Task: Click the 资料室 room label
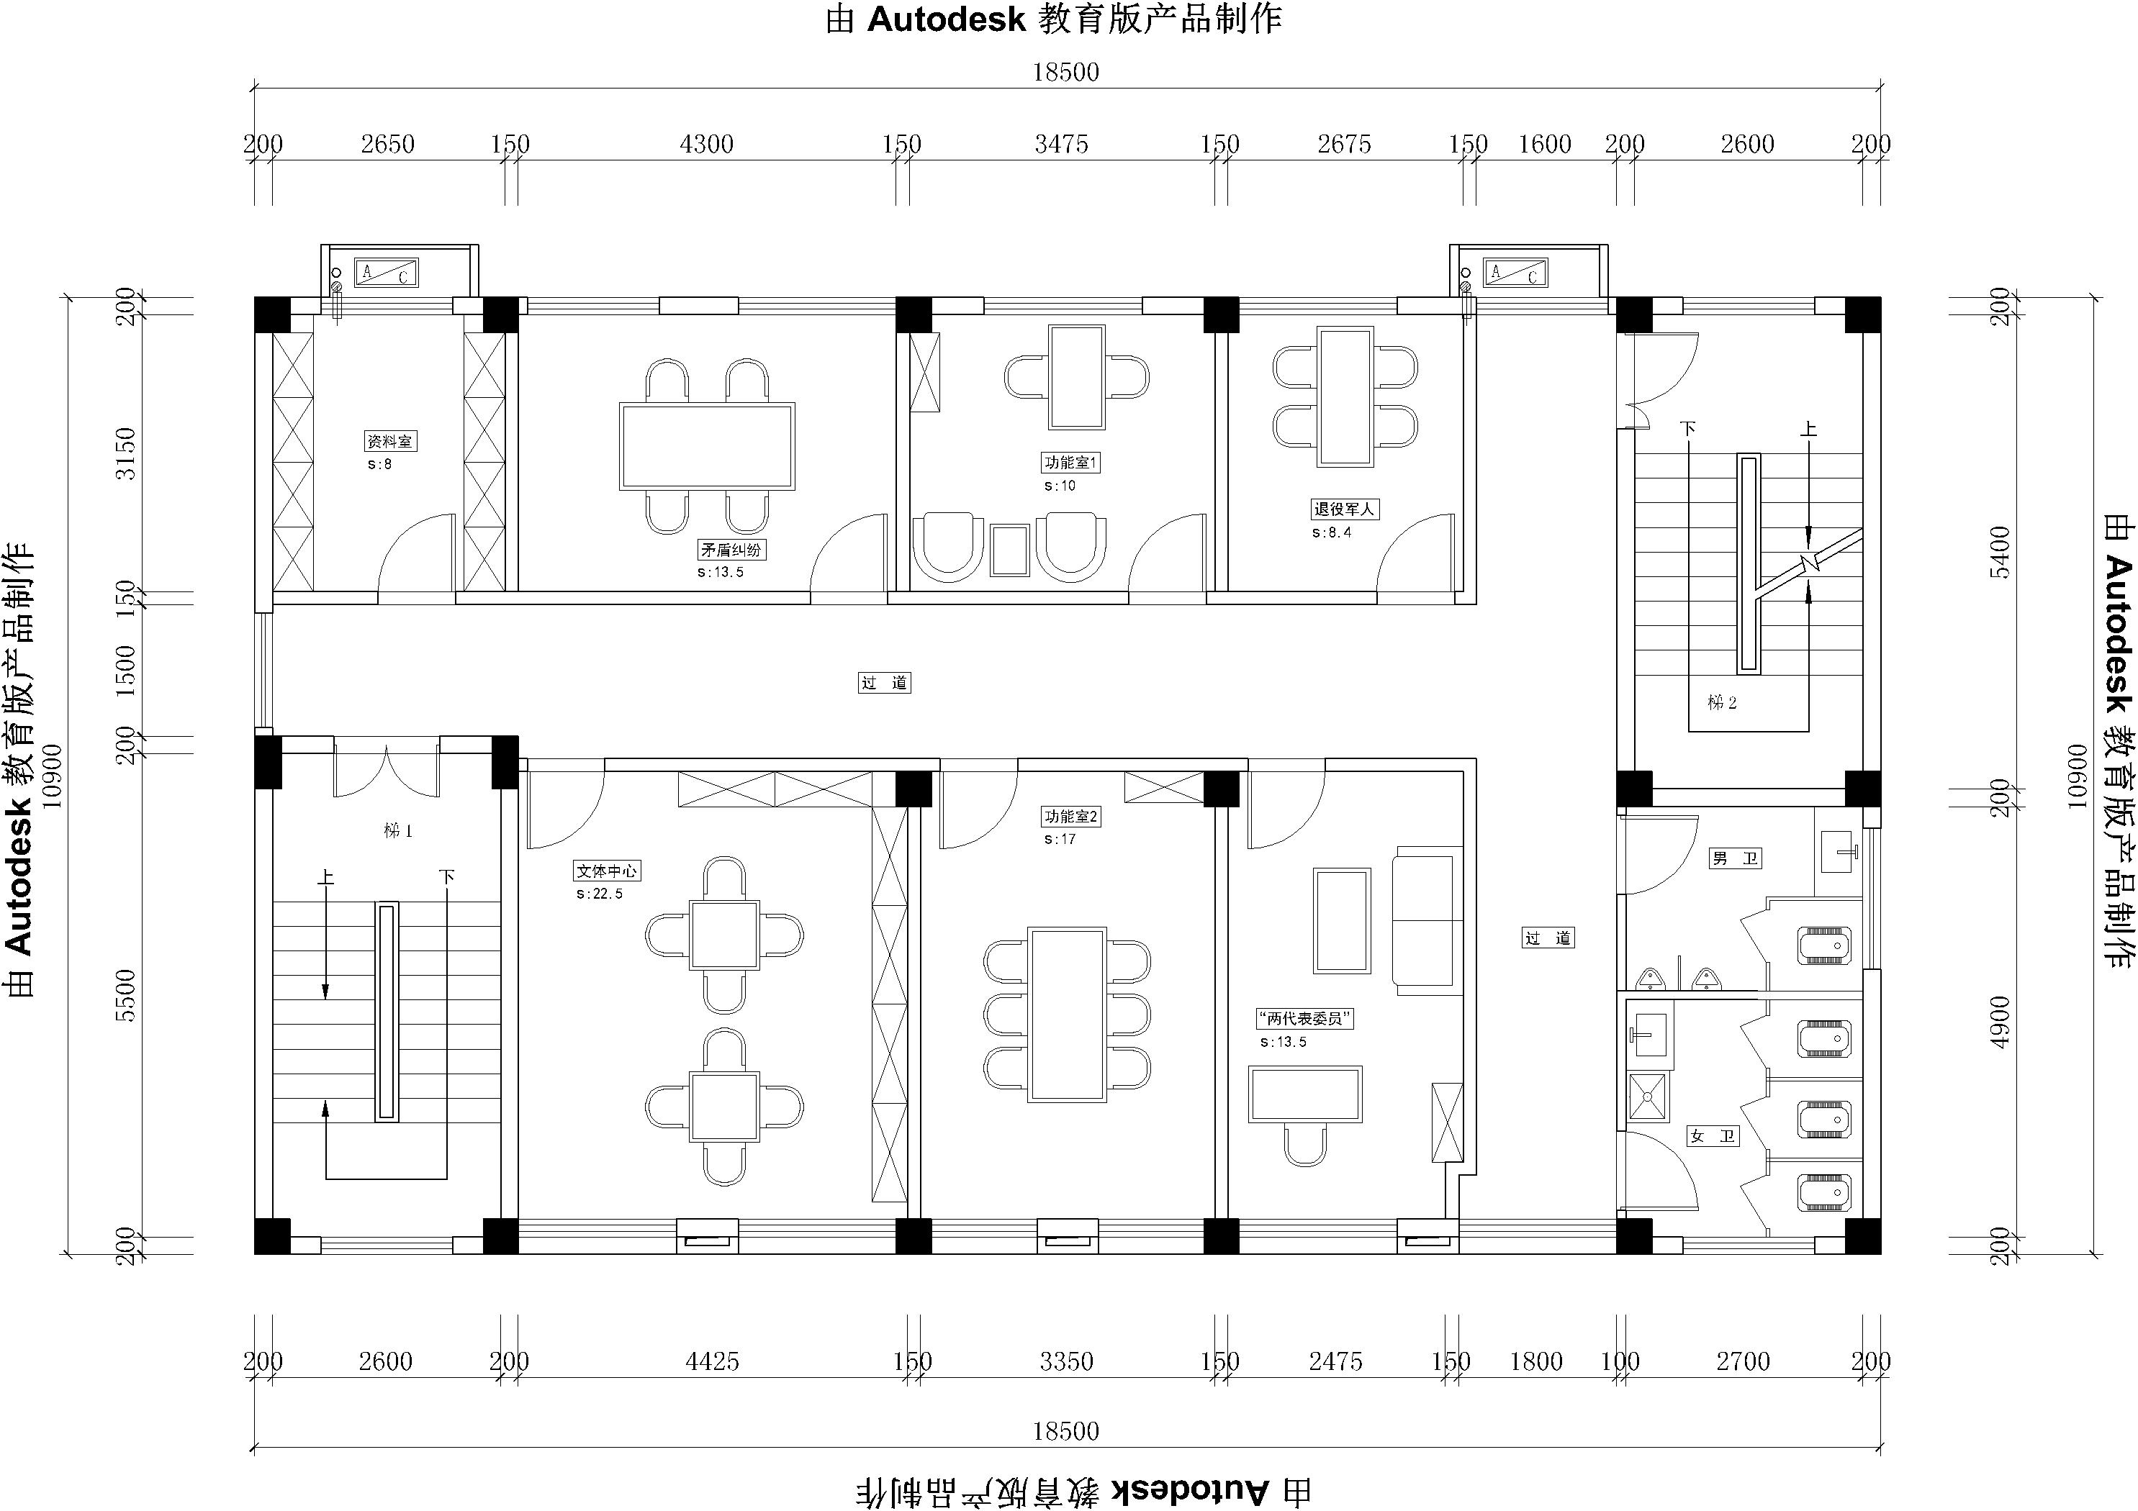pos(390,441)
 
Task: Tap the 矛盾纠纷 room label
pos(732,549)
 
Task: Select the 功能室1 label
pos(1071,463)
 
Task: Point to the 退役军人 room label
pos(1344,509)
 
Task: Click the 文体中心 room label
pos(607,871)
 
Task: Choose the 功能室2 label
pos(1072,817)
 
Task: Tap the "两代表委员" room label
pos(1304,1019)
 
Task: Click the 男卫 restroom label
pos(1736,858)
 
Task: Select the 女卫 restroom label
pos(1713,1136)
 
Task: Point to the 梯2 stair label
pos(1722,703)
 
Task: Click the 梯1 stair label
pos(397,830)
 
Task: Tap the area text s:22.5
pos(600,894)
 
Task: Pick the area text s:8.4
pos(1332,532)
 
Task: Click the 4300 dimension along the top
pos(707,145)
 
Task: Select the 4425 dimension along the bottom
pos(713,1362)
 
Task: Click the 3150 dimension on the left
pos(125,453)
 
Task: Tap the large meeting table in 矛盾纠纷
pos(708,446)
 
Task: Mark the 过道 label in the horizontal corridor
pos(885,682)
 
